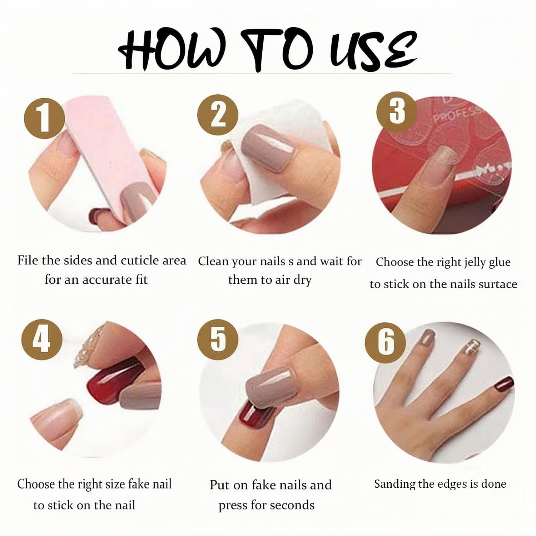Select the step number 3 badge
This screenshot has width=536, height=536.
coord(397,110)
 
